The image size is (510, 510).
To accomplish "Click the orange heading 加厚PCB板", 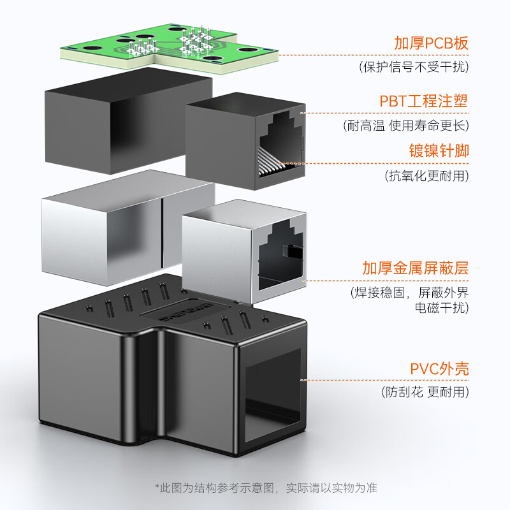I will pyautogui.click(x=431, y=44).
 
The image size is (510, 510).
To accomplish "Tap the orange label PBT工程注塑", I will pyautogui.click(x=424, y=101).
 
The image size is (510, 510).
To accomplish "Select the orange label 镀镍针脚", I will pyautogui.click(x=439, y=151).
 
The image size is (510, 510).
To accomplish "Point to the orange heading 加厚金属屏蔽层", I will pyautogui.click(x=415, y=268).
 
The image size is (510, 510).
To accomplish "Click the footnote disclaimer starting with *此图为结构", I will pyautogui.click(x=266, y=488).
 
